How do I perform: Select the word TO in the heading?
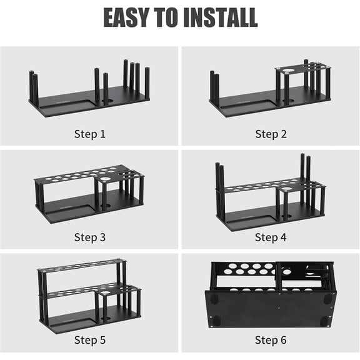[x=166, y=17]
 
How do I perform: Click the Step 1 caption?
[x=90, y=134]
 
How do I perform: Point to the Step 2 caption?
[x=271, y=134]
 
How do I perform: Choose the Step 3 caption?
[x=90, y=237]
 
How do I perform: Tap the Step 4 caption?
[x=271, y=237]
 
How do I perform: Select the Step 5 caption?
[x=90, y=340]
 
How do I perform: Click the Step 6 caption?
[x=271, y=340]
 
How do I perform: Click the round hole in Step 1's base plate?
[x=109, y=101]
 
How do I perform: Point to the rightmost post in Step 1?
[x=147, y=83]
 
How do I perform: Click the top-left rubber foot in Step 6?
[x=214, y=299]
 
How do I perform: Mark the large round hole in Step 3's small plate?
[x=106, y=179]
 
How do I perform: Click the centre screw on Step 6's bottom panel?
[x=279, y=308]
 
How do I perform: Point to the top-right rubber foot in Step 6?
[x=327, y=299]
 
